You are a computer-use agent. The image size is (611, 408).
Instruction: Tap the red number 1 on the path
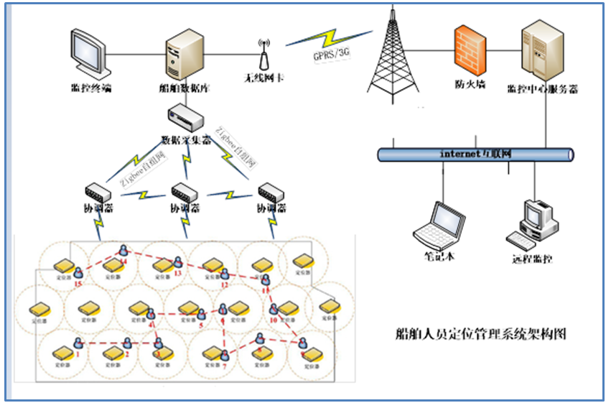pos(77,353)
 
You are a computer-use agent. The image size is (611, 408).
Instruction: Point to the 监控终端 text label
pos(91,88)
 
